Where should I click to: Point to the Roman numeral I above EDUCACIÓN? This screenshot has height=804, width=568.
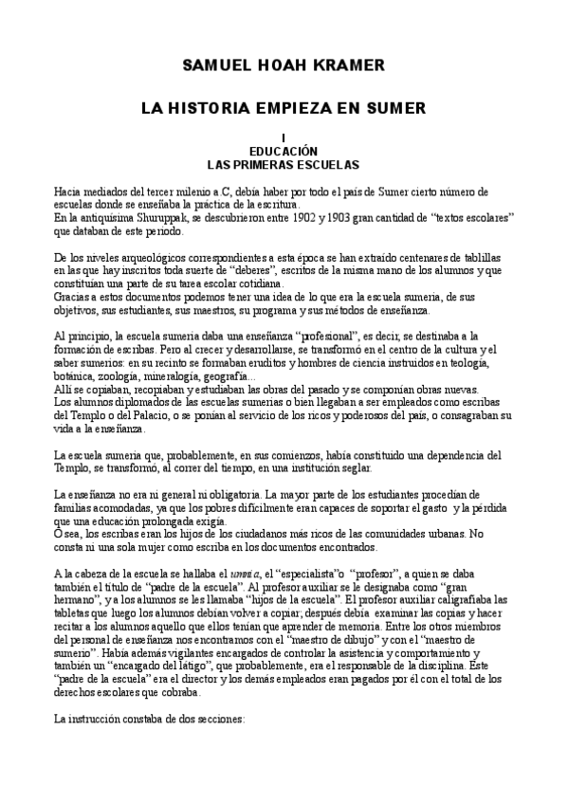tap(283, 138)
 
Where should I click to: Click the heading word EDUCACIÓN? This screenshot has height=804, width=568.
tap(283, 151)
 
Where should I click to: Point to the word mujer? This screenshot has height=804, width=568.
tap(155, 548)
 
